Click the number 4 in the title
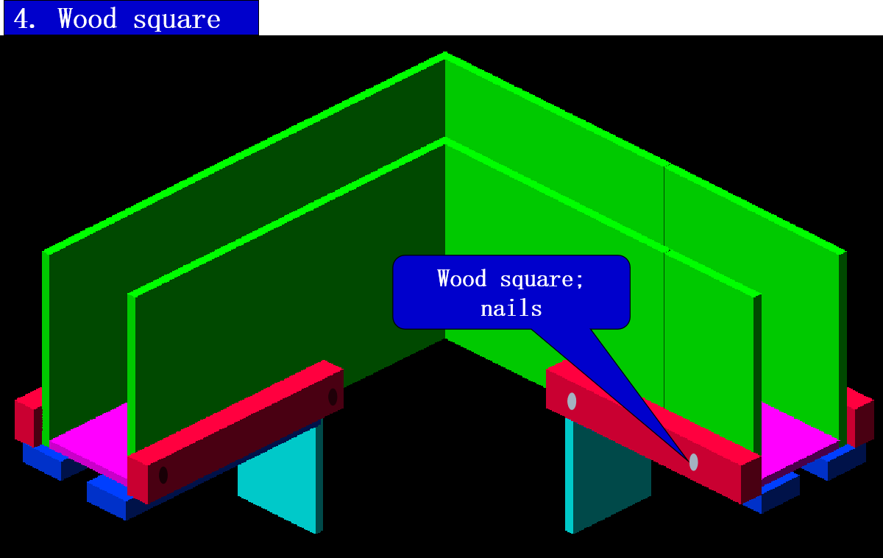point(22,18)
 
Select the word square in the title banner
point(177,19)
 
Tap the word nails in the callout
point(511,308)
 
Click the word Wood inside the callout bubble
point(461,278)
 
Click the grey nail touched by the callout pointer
point(693,462)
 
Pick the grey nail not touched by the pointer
point(572,401)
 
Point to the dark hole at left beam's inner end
point(333,397)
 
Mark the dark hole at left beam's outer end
point(163,475)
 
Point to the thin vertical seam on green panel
point(664,294)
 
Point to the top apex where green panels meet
point(445,54)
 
